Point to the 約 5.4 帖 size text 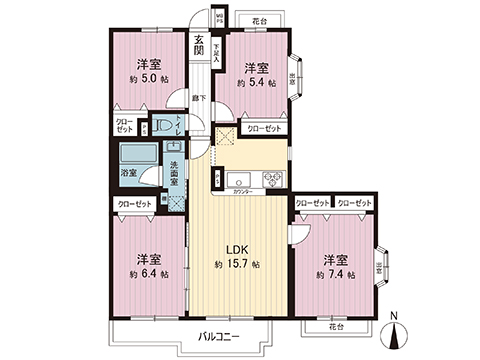pos(258,85)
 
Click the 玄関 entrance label pos(199,46)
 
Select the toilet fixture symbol pos(165,128)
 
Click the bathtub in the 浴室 pos(134,158)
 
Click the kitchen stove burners pos(272,179)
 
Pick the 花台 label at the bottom pos(334,326)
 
